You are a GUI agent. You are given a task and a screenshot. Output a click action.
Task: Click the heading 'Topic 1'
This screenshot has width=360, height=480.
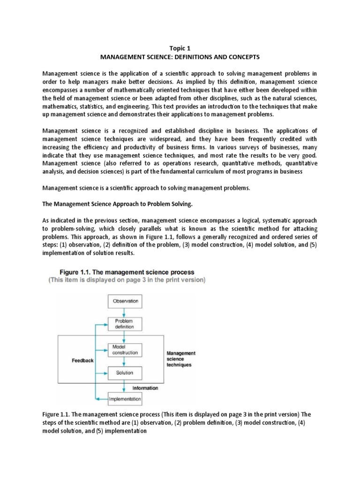(180, 47)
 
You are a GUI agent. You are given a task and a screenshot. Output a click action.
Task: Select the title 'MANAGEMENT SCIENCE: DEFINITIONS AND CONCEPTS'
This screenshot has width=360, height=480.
(180, 56)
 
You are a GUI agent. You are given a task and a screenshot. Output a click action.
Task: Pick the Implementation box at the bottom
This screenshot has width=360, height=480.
(124, 399)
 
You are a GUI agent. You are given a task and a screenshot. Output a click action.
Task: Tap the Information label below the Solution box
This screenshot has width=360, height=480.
(145, 388)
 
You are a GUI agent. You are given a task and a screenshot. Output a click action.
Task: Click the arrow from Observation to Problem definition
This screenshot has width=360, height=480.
(124, 312)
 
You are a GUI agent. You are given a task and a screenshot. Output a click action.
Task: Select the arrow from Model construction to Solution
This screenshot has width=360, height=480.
(124, 361)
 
